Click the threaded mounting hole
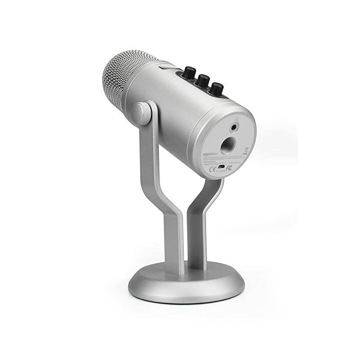tap(226, 145)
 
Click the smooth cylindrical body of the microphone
tap(171, 108)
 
